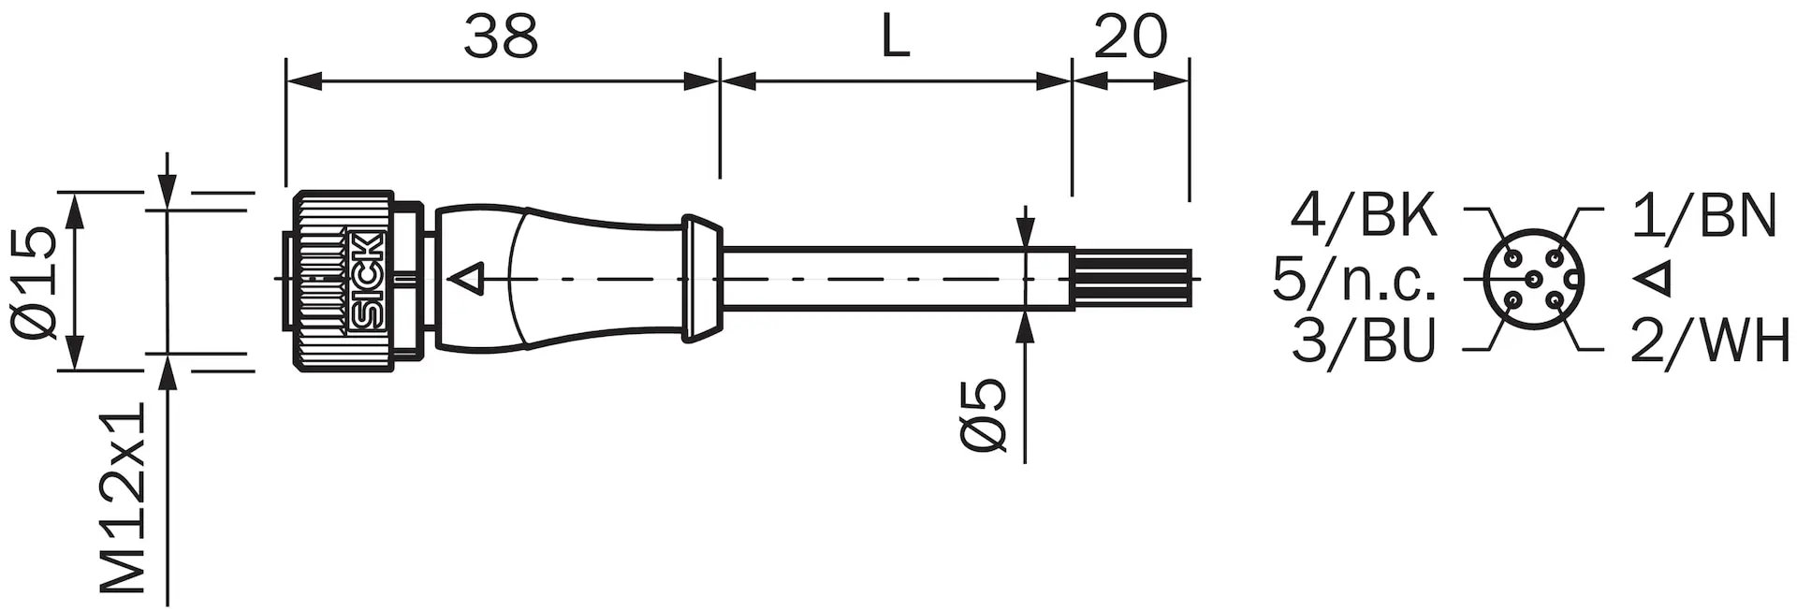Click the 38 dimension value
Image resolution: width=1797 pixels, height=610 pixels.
tap(501, 36)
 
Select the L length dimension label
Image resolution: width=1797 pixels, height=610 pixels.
tap(896, 36)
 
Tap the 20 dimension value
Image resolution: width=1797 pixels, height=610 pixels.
tap(1131, 36)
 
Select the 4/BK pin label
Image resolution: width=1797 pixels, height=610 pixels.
tap(1364, 216)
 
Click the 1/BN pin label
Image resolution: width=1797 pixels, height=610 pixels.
tap(1703, 216)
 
